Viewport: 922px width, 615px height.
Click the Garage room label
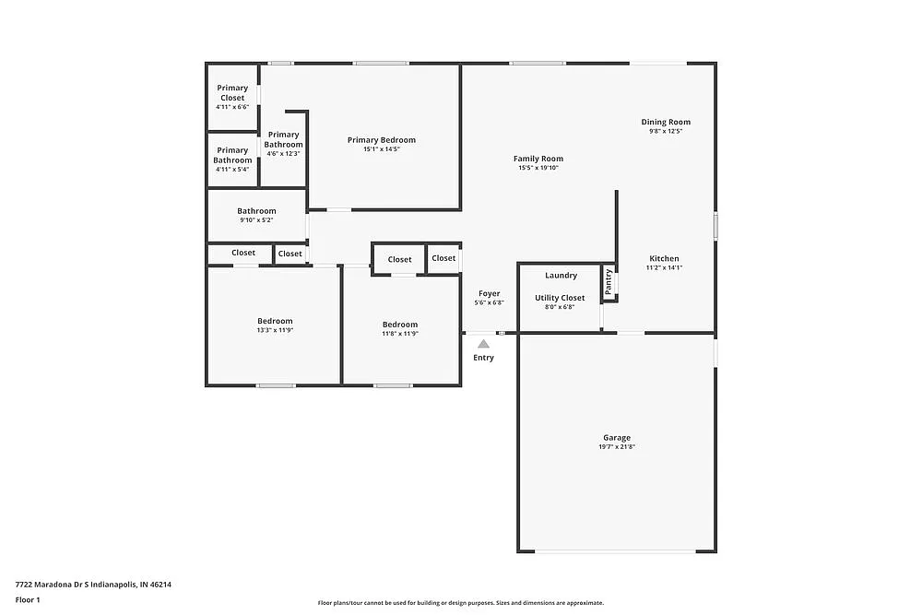tap(617, 438)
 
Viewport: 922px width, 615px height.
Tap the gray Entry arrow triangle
tap(483, 343)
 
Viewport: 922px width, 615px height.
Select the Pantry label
tap(609, 281)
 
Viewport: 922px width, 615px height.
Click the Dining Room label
tap(666, 122)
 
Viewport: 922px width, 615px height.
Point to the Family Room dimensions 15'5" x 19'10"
tap(538, 168)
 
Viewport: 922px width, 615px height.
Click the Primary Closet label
tap(232, 93)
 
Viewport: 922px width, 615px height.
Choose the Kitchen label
tap(664, 259)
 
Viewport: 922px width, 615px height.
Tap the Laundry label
tap(561, 276)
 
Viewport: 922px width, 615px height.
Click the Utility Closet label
tap(560, 298)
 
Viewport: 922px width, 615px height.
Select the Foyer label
tap(489, 293)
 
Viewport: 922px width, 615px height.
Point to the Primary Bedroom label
tap(381, 140)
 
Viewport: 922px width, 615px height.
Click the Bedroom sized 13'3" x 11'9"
tap(275, 321)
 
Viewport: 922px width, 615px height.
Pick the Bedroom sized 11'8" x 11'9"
tap(400, 325)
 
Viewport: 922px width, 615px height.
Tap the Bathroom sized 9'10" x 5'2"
tap(256, 211)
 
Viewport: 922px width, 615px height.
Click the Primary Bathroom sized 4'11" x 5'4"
tap(232, 155)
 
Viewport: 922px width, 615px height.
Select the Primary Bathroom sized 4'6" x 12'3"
tap(283, 139)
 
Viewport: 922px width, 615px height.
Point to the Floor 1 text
tap(28, 599)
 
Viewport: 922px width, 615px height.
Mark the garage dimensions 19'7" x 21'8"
tap(617, 447)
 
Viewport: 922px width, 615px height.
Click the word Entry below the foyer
tap(483, 358)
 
